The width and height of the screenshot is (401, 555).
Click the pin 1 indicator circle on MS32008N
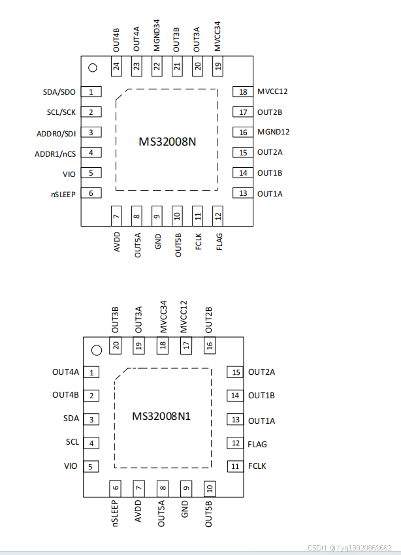pos(93,68)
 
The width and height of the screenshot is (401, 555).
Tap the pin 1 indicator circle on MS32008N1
pos(97,350)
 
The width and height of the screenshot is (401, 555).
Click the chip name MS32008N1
pos(161,416)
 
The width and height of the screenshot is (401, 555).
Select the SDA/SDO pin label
pos(59,92)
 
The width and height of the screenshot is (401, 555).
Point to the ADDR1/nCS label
pos(56,154)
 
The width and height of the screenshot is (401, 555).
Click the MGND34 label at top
pos(157,35)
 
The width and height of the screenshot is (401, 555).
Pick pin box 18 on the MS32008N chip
pos(243,91)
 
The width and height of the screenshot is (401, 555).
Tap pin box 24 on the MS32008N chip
pos(116,66)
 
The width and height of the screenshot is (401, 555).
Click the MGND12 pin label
pos(273,132)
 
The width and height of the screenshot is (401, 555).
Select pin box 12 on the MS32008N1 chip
pos(235,443)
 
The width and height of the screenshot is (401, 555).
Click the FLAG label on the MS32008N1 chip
pos(257,444)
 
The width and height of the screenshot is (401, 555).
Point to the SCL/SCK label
pos(61,112)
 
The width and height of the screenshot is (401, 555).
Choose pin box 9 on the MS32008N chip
pos(157,216)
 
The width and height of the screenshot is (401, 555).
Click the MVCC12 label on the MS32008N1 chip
pos(184,317)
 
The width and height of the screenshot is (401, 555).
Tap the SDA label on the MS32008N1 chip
pos(71,419)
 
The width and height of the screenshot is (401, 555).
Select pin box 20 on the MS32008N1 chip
pos(116,345)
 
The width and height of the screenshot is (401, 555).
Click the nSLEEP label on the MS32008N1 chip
pos(115,513)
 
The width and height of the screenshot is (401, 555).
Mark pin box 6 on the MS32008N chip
pos(91,193)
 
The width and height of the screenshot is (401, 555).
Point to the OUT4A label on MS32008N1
pos(66,372)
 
